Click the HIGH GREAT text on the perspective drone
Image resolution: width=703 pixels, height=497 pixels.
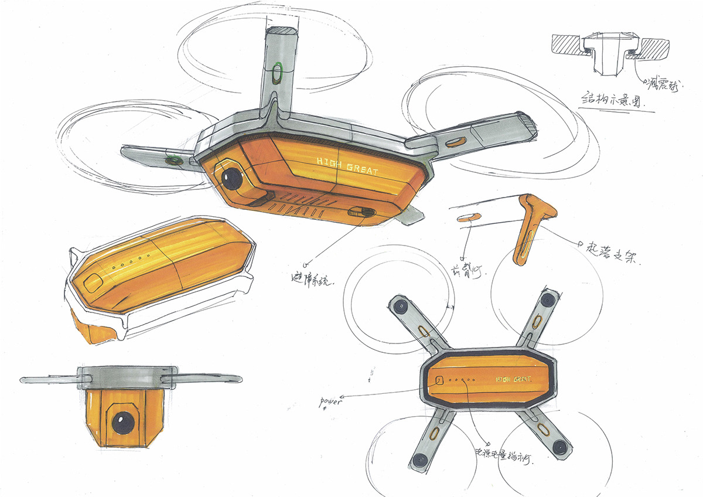tap(347, 166)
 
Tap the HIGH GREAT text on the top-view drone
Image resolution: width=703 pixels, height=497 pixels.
tap(513, 379)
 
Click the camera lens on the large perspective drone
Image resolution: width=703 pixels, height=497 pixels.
tap(232, 178)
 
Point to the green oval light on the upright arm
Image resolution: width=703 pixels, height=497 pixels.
tap(278, 74)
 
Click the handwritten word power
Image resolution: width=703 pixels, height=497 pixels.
tap(330, 403)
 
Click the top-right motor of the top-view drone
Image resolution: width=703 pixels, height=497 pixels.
tap(547, 299)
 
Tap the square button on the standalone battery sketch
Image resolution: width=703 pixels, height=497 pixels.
tap(93, 283)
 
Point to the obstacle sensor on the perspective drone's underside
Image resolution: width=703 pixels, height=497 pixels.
tap(359, 212)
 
